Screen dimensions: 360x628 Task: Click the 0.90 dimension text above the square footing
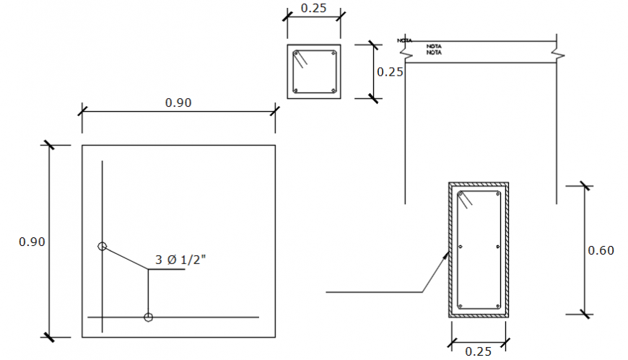(x=178, y=102)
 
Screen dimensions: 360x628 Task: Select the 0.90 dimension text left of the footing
(x=32, y=242)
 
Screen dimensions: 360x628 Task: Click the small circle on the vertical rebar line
(x=103, y=247)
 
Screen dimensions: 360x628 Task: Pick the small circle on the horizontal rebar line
(x=148, y=317)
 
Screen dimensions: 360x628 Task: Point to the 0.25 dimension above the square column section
(x=313, y=9)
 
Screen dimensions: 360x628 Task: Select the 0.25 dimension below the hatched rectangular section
(x=479, y=351)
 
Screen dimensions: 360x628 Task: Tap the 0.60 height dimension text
(x=601, y=250)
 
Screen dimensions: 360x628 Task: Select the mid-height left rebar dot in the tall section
(x=460, y=247)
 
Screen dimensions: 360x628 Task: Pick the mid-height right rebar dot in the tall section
(x=498, y=247)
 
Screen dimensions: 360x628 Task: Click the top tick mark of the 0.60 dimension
(x=585, y=186)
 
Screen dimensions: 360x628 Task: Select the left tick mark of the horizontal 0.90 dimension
(x=82, y=111)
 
